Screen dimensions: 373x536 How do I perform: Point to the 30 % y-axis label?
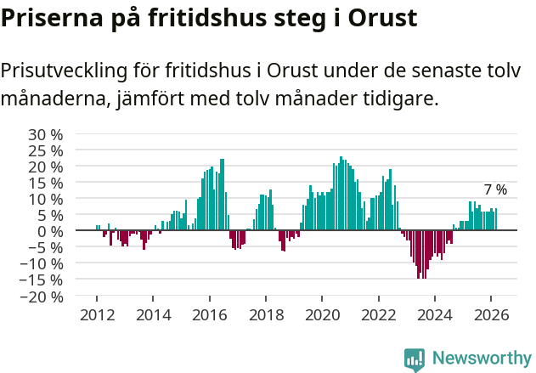pyautogui.click(x=45, y=134)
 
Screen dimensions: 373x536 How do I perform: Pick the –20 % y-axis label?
pyautogui.click(x=42, y=297)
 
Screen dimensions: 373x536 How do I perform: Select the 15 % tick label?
pyautogui.click(x=45, y=183)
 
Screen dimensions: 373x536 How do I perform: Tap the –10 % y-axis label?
pyautogui.click(x=42, y=264)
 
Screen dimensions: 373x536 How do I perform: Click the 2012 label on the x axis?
pyautogui.click(x=97, y=314)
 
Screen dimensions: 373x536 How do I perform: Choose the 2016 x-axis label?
pyautogui.click(x=209, y=314)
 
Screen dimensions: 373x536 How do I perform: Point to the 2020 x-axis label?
pyautogui.click(x=322, y=314)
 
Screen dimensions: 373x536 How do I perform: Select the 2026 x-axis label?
pyautogui.click(x=491, y=314)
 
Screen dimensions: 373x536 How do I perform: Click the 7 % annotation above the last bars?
pyautogui.click(x=495, y=189)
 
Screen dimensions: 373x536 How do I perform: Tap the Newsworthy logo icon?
pyautogui.click(x=415, y=359)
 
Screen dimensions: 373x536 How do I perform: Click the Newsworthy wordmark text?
pyautogui.click(x=481, y=359)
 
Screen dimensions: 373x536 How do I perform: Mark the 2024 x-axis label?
pyautogui.click(x=435, y=314)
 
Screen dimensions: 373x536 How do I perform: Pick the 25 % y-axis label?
pyautogui.click(x=45, y=150)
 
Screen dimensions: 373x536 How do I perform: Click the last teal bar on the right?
pyautogui.click(x=496, y=220)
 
